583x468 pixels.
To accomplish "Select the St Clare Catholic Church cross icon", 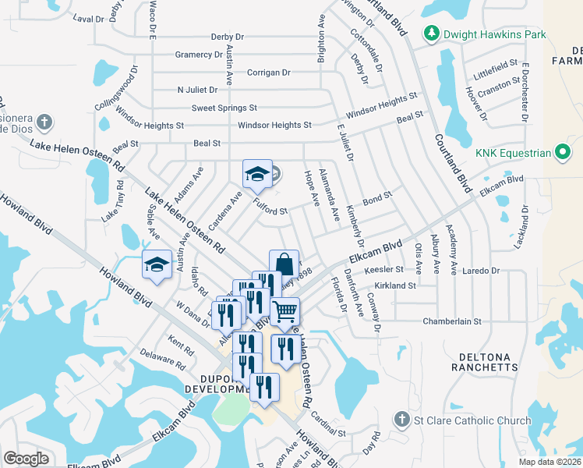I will pyautogui.click(x=401, y=420).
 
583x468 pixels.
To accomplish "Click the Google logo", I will pyautogui.click(x=26, y=458).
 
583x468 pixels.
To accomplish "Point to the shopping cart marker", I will pyautogui.click(x=285, y=311).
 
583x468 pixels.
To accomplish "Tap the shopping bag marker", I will pyautogui.click(x=284, y=264).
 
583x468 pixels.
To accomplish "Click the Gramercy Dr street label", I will pyautogui.click(x=199, y=55).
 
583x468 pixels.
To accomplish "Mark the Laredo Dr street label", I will pyautogui.click(x=482, y=271).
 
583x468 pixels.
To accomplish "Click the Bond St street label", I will pyautogui.click(x=376, y=200).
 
